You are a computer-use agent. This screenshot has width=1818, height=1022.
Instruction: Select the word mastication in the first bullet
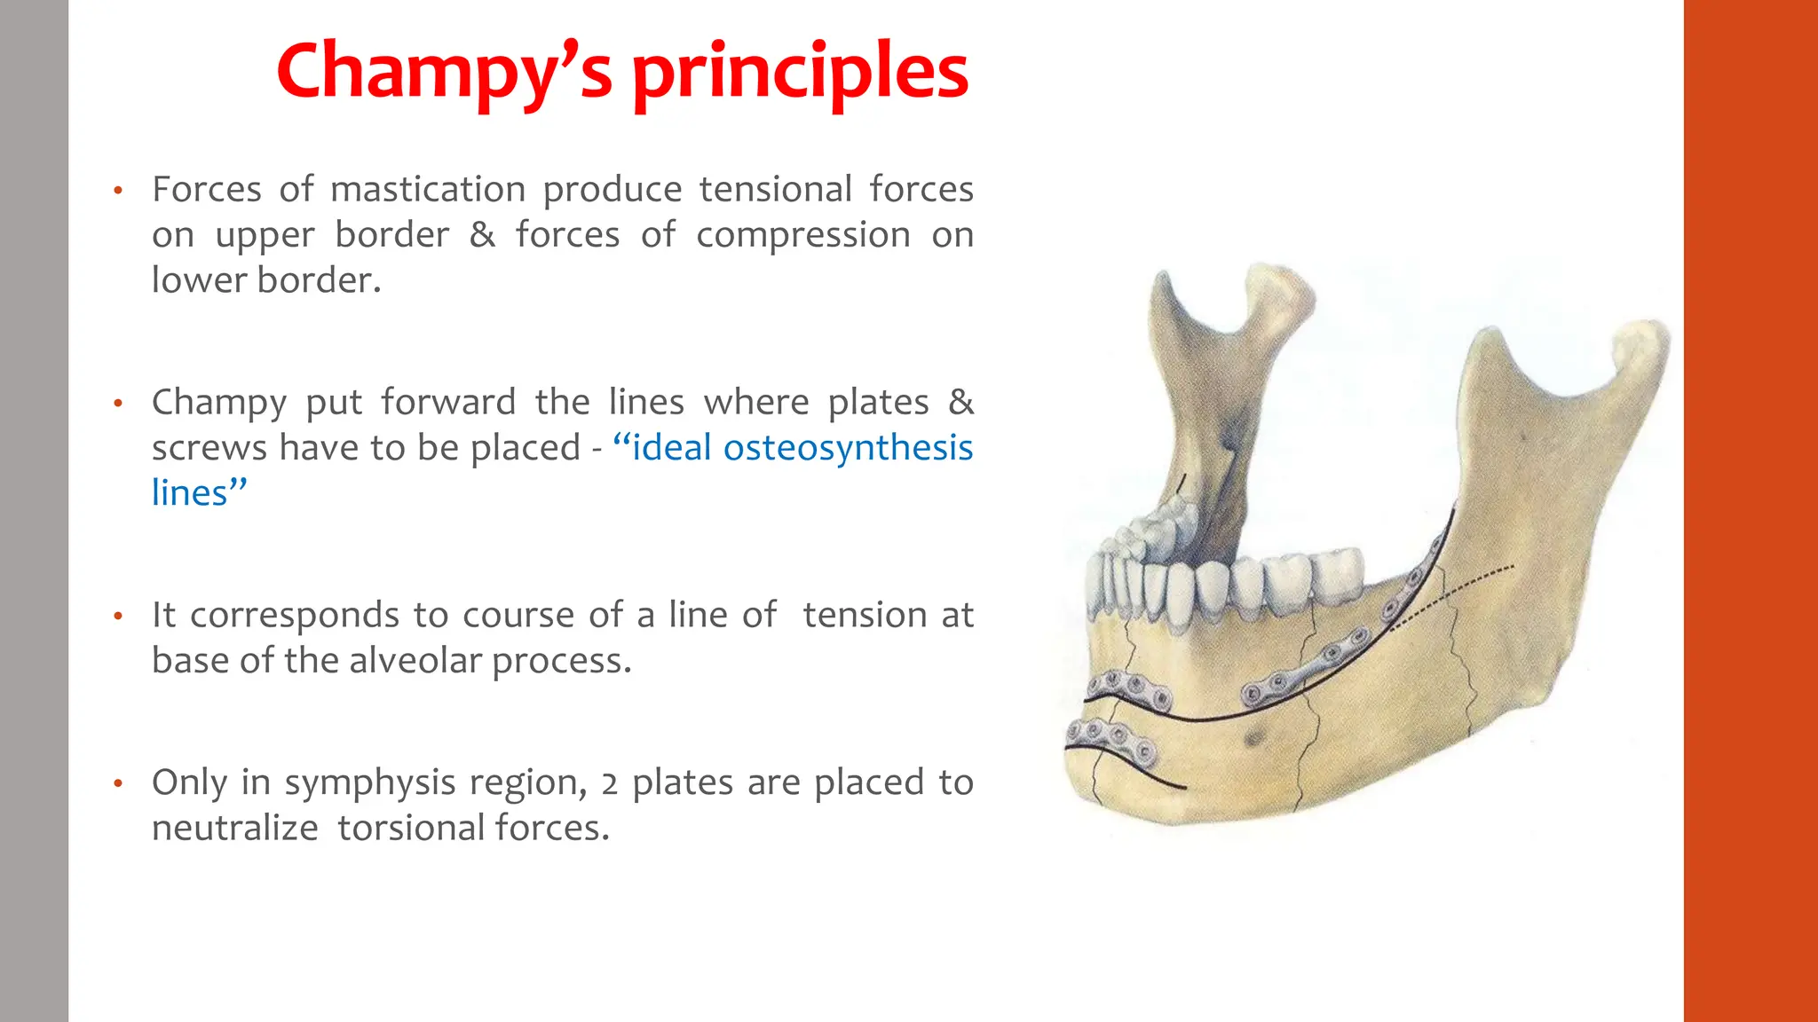pyautogui.click(x=428, y=190)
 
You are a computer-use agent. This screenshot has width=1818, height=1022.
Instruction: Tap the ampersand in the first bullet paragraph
pyautogui.click(x=482, y=235)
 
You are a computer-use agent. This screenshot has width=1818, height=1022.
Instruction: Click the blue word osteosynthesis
pyautogui.click(x=848, y=448)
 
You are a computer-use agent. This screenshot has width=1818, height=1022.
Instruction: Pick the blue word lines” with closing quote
pyautogui.click(x=199, y=493)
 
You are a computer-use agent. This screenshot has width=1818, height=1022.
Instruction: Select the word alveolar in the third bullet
pyautogui.click(x=414, y=661)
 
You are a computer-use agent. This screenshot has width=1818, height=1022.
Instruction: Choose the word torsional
pyautogui.click(x=411, y=829)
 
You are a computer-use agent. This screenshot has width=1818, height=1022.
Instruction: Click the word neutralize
pyautogui.click(x=234, y=829)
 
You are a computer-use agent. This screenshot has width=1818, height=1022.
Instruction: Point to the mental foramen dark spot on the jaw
pyautogui.click(x=1254, y=737)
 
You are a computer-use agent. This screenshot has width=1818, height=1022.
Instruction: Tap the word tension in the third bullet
pyautogui.click(x=860, y=616)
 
